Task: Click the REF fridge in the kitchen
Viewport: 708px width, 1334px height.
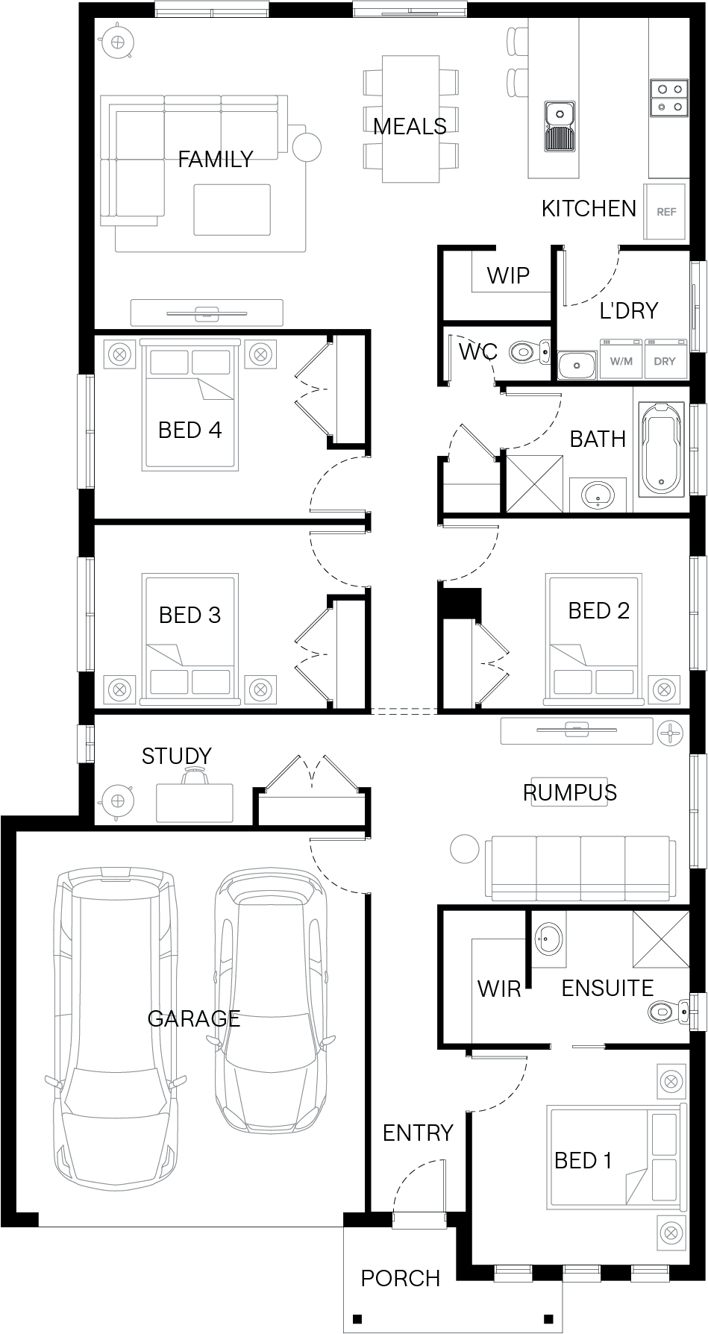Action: (x=665, y=211)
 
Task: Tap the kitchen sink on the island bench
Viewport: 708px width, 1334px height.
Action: (x=560, y=126)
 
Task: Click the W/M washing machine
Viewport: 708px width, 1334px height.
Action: (x=621, y=360)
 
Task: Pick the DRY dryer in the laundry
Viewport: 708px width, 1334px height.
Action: (x=665, y=360)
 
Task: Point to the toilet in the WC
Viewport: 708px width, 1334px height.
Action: (x=529, y=351)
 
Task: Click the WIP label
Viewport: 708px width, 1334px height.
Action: (x=509, y=275)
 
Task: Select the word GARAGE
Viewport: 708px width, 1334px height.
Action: (x=194, y=1018)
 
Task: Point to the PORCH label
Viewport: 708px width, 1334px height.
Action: (x=401, y=1278)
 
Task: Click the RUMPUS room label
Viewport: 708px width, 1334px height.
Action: (x=570, y=792)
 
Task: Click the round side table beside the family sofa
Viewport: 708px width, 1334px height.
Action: (x=307, y=146)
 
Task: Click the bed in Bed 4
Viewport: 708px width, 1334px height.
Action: (x=191, y=405)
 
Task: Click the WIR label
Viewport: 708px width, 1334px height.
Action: (x=499, y=989)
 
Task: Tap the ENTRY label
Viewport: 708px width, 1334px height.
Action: (x=418, y=1133)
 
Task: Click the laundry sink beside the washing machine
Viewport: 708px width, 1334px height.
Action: (x=576, y=365)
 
